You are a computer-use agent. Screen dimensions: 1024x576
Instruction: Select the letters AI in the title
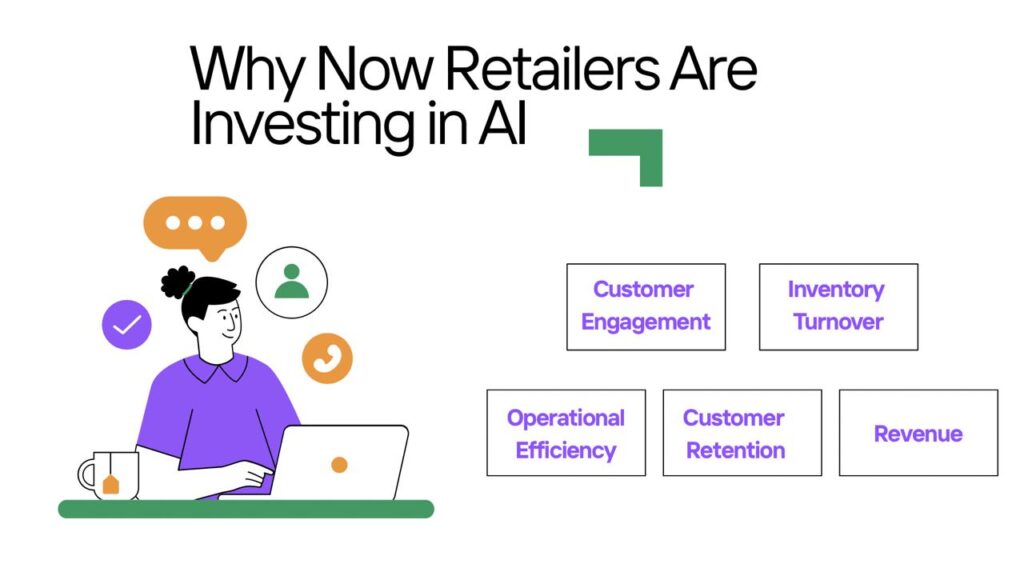(502, 123)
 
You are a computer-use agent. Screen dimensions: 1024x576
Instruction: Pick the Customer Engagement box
(646, 307)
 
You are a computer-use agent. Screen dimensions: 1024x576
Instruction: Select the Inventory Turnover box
(839, 307)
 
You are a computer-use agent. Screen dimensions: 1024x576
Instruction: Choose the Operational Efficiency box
(566, 433)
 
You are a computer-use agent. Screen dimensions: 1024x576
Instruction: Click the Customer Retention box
(742, 433)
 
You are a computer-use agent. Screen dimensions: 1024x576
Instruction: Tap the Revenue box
(918, 433)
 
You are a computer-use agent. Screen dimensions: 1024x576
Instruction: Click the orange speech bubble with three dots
(195, 225)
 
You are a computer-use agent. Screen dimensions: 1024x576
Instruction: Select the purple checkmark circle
(127, 325)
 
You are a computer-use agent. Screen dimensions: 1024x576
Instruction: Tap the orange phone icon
(327, 359)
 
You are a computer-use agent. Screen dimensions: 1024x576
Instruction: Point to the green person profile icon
(292, 281)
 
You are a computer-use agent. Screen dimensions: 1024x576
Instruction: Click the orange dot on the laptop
(340, 465)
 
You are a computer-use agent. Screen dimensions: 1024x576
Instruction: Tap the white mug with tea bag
(109, 475)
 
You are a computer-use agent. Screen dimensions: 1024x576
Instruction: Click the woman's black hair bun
(177, 282)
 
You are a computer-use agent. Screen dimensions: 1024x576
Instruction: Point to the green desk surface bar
(246, 509)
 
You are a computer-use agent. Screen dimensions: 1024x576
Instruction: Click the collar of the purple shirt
(216, 368)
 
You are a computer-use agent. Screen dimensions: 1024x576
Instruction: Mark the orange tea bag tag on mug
(111, 484)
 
